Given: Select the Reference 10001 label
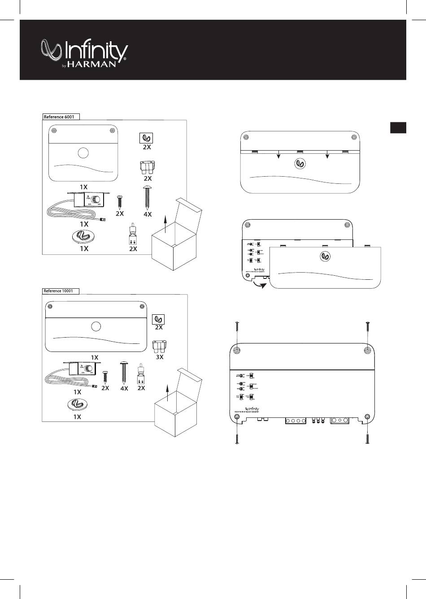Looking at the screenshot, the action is (60, 291).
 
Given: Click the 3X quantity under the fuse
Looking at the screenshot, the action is (159, 357).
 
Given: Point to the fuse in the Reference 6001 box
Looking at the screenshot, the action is (148, 169).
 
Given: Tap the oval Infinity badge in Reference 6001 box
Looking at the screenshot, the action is (84, 236).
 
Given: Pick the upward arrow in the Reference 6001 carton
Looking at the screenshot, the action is (165, 222).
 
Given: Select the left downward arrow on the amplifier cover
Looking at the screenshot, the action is (278, 155).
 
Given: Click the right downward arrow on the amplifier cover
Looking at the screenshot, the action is (327, 155).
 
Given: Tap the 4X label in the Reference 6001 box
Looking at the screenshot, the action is (148, 214).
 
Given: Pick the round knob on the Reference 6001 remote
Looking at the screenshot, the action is (95, 200).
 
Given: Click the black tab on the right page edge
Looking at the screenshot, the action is (398, 127).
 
